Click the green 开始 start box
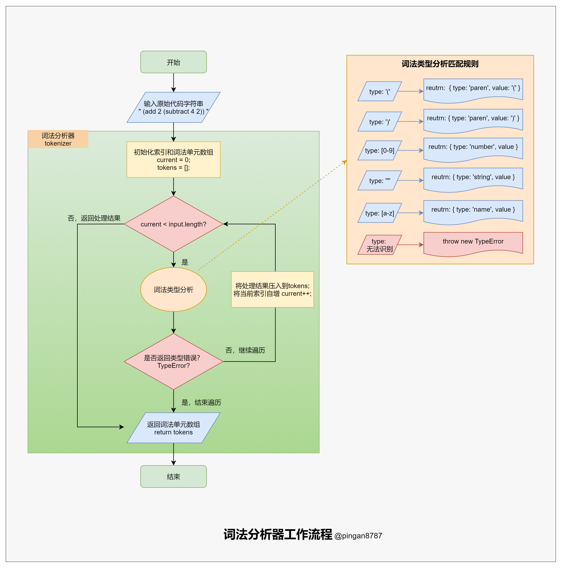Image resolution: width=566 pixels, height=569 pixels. point(173,62)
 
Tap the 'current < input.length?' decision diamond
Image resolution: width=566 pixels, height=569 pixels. point(173,224)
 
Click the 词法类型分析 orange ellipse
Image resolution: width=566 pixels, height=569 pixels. point(173,290)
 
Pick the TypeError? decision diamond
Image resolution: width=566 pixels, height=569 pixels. point(173,361)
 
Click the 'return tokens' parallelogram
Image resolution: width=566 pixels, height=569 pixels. point(173,428)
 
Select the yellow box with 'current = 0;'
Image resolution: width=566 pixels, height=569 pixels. point(173,160)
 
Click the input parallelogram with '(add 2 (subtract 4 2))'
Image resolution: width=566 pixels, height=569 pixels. point(173,107)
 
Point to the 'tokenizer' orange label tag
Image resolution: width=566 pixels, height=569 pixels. point(58,139)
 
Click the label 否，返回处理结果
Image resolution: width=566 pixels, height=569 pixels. point(94,218)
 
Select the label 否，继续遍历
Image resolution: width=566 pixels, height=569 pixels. point(245,350)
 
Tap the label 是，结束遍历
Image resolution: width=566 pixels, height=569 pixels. point(201,402)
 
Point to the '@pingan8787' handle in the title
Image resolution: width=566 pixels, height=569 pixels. point(358,535)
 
